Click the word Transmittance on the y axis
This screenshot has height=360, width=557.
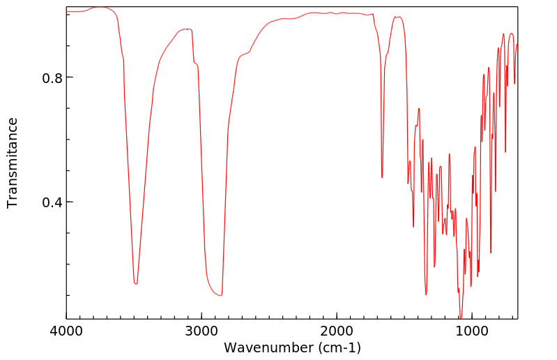pyautogui.click(x=13, y=163)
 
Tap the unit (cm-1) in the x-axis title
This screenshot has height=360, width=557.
pyautogui.click(x=336, y=347)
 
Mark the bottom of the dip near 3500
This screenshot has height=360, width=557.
pyautogui.click(x=136, y=283)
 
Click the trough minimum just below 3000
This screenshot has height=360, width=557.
pyautogui.click(x=221, y=295)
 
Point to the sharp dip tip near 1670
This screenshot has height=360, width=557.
pyautogui.click(x=382, y=178)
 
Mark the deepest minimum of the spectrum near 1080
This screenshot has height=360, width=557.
pyautogui.click(x=461, y=318)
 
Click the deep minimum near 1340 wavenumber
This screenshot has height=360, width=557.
pyautogui.click(x=426, y=294)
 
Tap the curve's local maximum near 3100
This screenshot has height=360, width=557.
pyautogui.click(x=187, y=29)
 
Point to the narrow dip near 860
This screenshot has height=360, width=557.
pyautogui.click(x=491, y=253)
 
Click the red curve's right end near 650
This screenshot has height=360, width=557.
pyautogui.click(x=518, y=45)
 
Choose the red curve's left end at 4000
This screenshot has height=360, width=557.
pyautogui.click(x=67, y=11)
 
